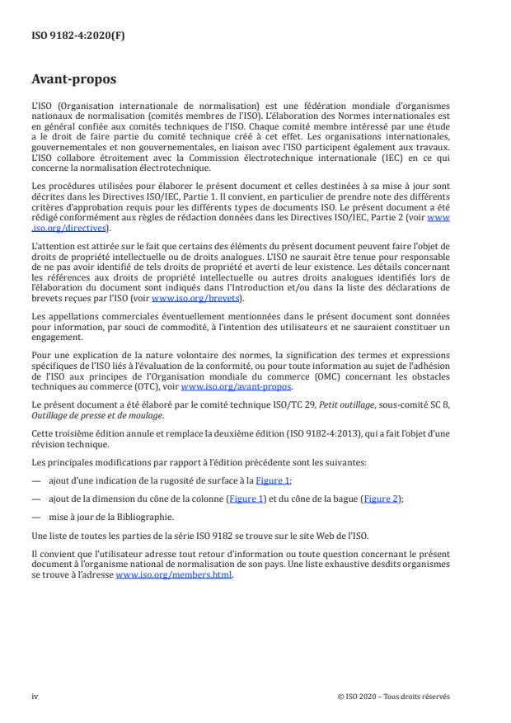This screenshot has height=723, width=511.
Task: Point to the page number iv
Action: coord(35,696)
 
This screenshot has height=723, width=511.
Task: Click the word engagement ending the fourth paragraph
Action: coord(59,337)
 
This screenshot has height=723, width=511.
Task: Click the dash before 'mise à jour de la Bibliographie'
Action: coord(35,518)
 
